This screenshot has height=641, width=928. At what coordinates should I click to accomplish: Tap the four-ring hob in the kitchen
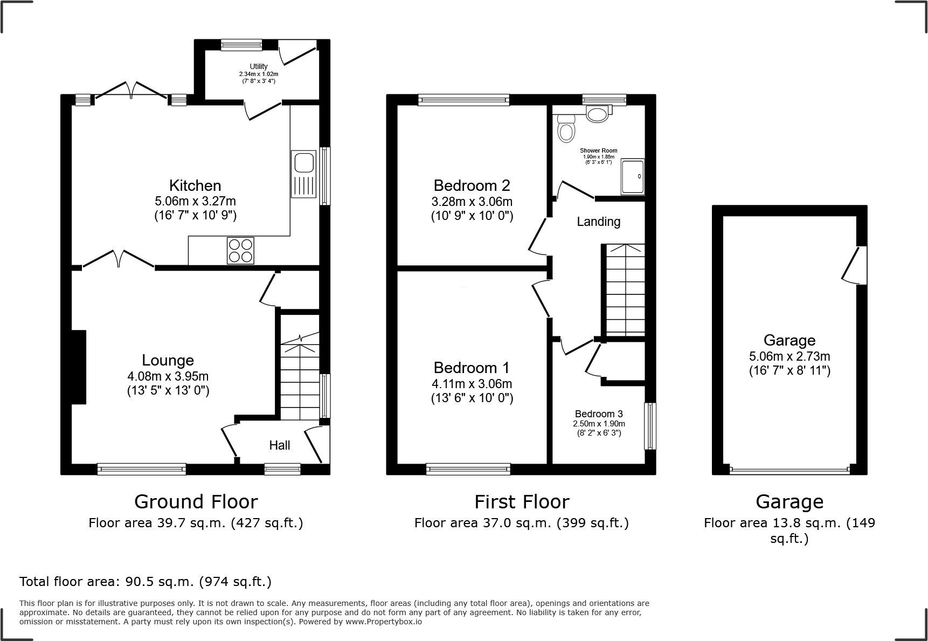pyautogui.click(x=241, y=251)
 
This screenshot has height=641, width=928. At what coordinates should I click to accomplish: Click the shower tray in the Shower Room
pyautogui.click(x=633, y=176)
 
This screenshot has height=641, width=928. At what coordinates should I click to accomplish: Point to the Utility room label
pyautogui.click(x=259, y=66)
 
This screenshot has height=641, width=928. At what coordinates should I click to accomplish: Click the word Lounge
pyautogui.click(x=168, y=360)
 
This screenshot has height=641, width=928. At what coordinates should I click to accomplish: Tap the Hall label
pyautogui.click(x=280, y=445)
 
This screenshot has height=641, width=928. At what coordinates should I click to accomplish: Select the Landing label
pyautogui.click(x=599, y=222)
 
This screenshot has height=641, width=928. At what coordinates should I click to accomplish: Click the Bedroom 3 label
pyautogui.click(x=599, y=414)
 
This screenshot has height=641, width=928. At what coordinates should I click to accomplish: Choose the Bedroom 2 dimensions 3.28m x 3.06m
pyautogui.click(x=472, y=202)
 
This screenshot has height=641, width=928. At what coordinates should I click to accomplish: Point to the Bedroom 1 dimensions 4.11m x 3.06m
pyautogui.click(x=472, y=384)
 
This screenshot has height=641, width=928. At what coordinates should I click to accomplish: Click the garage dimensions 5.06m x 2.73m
pyautogui.click(x=790, y=356)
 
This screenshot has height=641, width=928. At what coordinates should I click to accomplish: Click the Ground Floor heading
pyautogui.click(x=196, y=502)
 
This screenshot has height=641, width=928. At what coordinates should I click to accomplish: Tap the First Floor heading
pyautogui.click(x=522, y=502)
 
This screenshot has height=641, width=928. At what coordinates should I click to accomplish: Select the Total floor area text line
pyautogui.click(x=146, y=582)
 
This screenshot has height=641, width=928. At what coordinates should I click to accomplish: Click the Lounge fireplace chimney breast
pyautogui.click(x=79, y=367)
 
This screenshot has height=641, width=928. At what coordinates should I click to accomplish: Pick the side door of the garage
pyautogui.click(x=855, y=265)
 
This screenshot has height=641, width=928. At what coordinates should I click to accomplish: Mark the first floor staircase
pyautogui.click(x=624, y=291)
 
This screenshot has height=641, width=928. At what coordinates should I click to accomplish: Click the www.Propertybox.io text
pyautogui.click(x=384, y=622)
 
